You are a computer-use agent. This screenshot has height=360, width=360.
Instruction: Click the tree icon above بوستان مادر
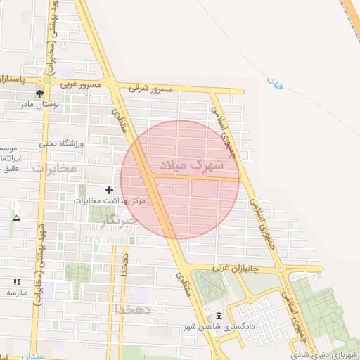[x=39, y=93]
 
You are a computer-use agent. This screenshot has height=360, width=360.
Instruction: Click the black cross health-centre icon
[x=109, y=190]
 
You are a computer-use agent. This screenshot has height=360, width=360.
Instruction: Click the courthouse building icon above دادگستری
[x=219, y=316]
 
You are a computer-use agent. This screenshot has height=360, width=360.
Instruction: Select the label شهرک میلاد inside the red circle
[x=192, y=166]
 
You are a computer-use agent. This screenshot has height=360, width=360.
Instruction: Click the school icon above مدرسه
[x=18, y=281]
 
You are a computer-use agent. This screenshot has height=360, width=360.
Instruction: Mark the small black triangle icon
[x=17, y=219]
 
